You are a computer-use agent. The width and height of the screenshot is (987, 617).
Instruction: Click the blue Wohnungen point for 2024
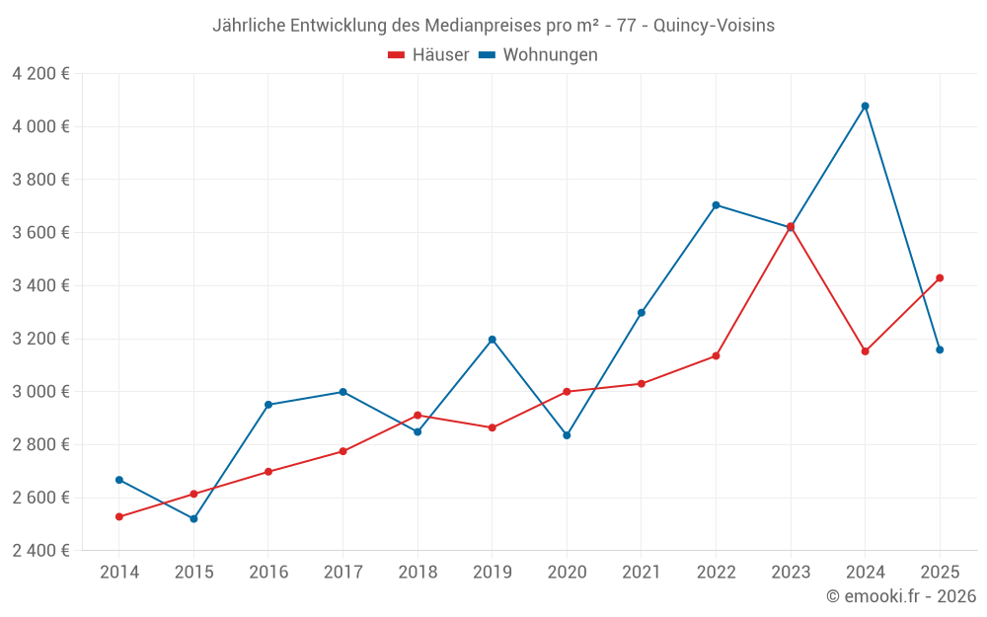pos(866,106)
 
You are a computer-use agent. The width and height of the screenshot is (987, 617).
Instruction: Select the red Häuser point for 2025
pos(940,278)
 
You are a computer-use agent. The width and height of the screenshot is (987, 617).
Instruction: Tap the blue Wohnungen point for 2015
pos(193,518)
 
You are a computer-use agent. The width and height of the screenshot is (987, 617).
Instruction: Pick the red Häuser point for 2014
pos(119,516)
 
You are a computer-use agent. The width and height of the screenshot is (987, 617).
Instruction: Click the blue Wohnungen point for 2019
pos(493,340)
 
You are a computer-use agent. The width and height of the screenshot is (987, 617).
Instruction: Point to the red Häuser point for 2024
pos(866,351)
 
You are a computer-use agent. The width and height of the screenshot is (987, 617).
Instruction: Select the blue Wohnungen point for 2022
pos(716,205)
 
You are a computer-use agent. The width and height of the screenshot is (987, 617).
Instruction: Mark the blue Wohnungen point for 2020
pos(567,435)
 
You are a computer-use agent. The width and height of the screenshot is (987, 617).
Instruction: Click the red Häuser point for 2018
pos(418,416)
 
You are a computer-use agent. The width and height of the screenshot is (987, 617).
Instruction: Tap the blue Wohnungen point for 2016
pos(268,405)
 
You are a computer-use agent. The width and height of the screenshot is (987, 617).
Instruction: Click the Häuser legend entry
pos(428,55)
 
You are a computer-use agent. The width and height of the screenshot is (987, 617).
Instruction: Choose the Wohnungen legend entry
pos(539,55)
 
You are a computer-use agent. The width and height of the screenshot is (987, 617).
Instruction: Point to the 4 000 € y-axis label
pos(40,126)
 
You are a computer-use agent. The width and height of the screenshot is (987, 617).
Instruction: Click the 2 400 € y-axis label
pos(40,550)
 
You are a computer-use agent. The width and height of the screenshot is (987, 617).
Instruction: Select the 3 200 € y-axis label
pos(40,339)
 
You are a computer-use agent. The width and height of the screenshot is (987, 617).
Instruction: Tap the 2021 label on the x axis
pos(642,573)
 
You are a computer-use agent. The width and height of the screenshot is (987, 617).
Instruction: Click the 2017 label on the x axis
pos(342,573)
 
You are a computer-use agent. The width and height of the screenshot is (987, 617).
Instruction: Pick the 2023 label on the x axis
pos(791,573)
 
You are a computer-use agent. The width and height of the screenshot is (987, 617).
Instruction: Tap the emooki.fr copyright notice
pos(901,596)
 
